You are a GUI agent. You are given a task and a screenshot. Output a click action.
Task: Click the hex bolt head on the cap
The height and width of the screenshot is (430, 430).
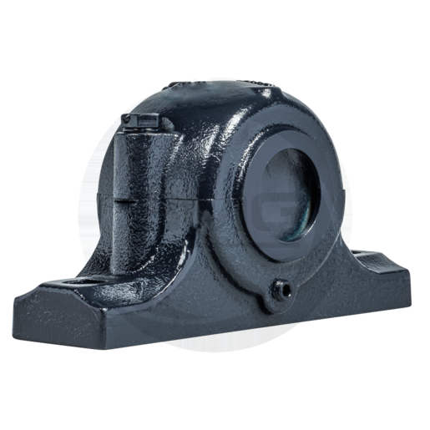point(144,122)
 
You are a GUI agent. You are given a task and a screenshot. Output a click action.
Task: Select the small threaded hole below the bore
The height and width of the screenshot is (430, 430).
point(281,288)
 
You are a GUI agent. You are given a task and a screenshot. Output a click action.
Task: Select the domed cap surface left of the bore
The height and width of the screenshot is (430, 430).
point(200,167)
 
